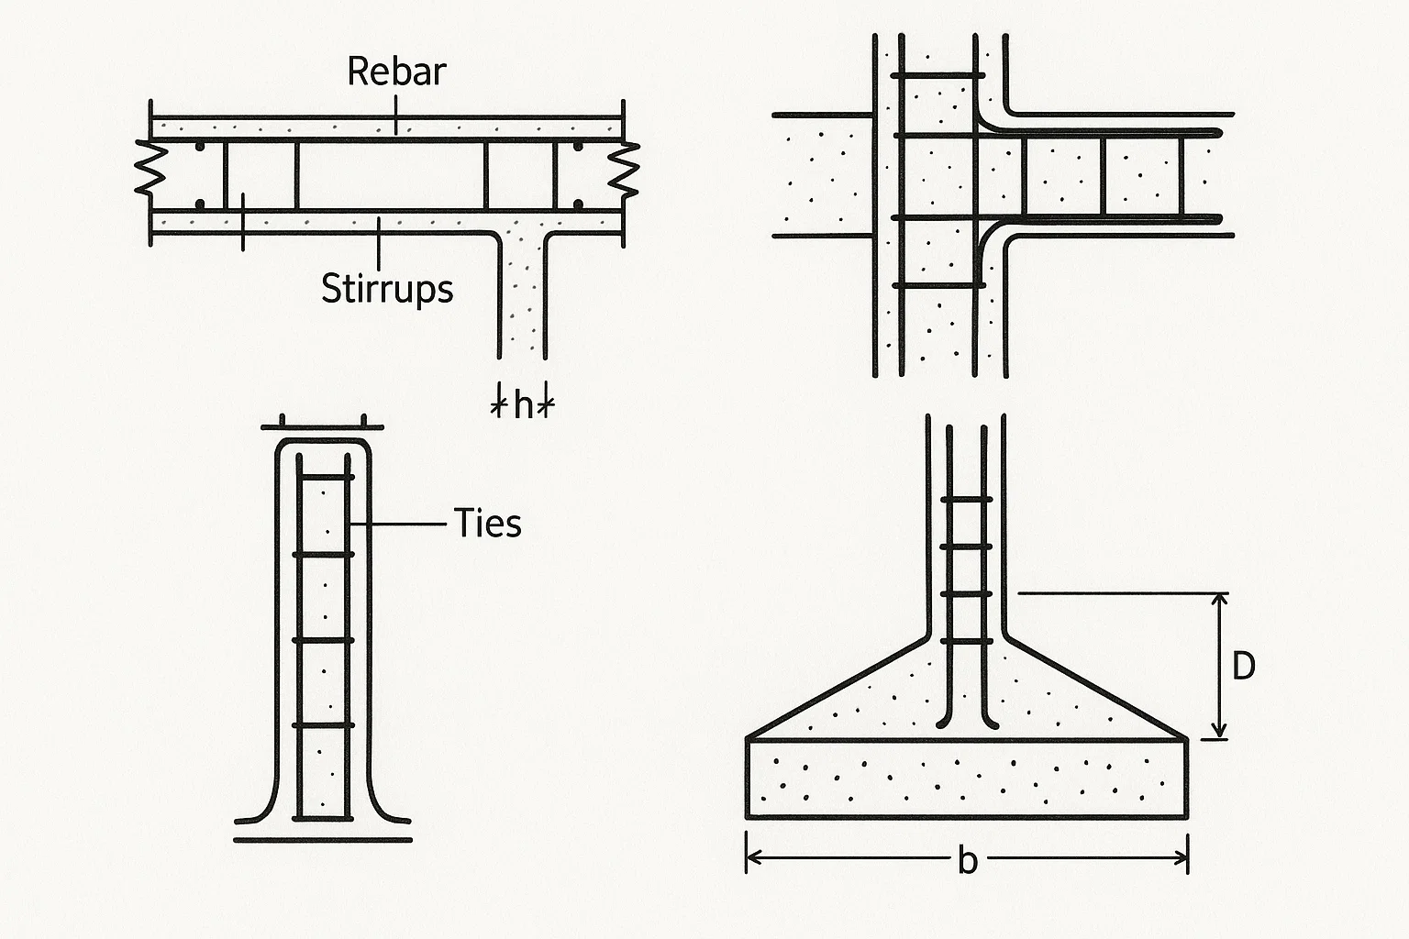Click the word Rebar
(396, 72)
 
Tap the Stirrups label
(387, 288)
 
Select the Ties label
(488, 524)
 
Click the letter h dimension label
(523, 404)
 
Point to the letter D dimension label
(1243, 667)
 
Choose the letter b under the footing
(967, 860)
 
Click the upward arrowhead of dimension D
(1219, 602)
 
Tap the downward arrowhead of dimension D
(1219, 731)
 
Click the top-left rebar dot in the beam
(199, 147)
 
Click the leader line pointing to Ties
(404, 524)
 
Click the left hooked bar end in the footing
(943, 723)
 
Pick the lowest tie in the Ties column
(323, 725)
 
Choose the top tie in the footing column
(966, 499)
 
